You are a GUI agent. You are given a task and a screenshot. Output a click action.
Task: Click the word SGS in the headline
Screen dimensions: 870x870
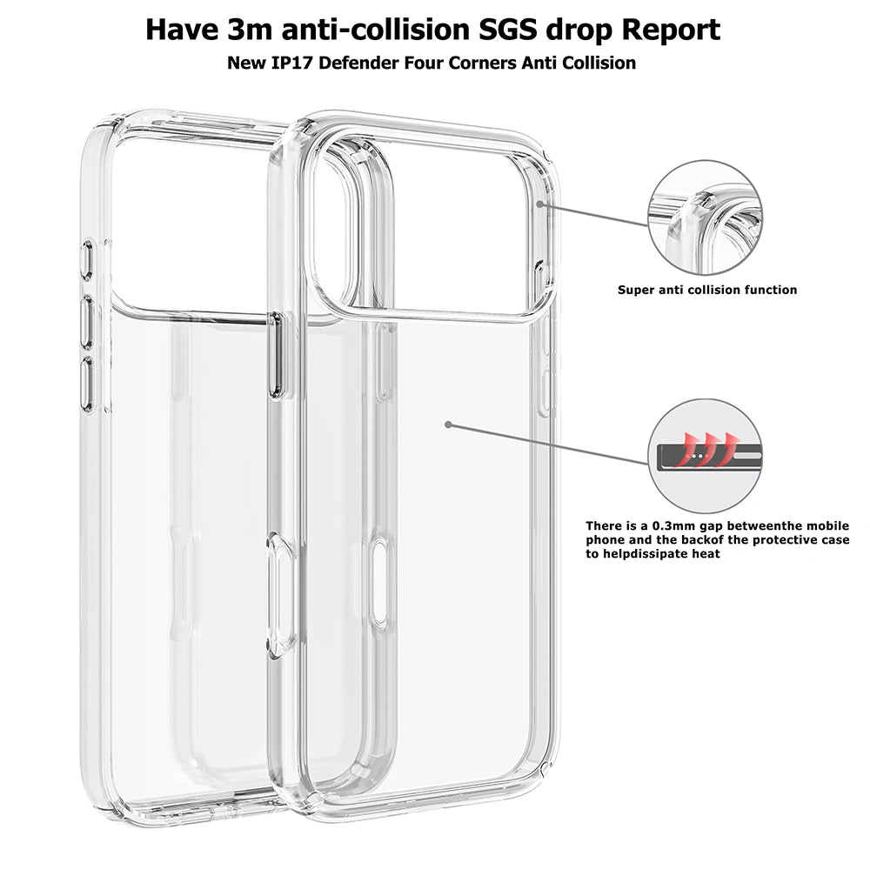(x=508, y=30)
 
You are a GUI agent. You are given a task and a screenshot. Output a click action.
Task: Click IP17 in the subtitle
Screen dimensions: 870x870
(x=293, y=63)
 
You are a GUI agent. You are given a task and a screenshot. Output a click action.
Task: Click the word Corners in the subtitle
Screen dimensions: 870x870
(x=482, y=63)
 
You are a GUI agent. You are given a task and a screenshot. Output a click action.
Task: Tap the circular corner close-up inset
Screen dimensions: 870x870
(x=706, y=217)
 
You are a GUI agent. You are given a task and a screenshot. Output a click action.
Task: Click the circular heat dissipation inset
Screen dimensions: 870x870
(x=706, y=456)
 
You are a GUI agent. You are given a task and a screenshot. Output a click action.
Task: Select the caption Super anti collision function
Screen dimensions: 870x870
(x=706, y=290)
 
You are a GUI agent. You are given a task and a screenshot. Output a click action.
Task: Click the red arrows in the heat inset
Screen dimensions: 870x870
(x=707, y=448)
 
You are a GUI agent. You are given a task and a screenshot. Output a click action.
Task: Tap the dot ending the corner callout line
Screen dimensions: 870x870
(x=539, y=204)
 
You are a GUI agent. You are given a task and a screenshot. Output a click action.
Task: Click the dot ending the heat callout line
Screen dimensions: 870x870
(x=448, y=425)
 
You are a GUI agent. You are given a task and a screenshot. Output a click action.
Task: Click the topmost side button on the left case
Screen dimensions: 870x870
(x=87, y=259)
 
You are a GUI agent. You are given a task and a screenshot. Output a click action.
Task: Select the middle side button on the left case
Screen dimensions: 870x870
(x=87, y=323)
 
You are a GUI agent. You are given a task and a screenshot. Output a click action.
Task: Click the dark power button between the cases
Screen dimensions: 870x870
(x=276, y=355)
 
